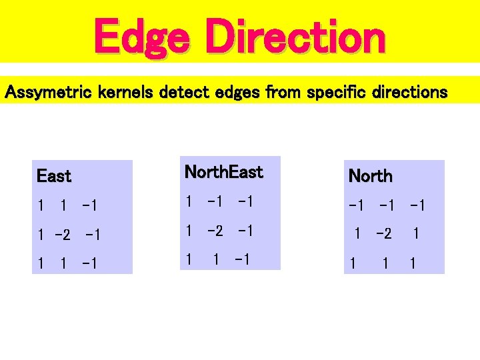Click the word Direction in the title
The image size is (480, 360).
pos(295,37)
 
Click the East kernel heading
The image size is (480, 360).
pos(54,177)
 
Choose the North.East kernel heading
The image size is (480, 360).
pos(223,172)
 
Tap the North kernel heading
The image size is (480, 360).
pos(371,177)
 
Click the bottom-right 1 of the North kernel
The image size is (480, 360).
pos(413,264)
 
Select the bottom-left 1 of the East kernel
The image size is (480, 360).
pos(41,264)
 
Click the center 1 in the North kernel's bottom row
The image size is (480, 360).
pos(385,264)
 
